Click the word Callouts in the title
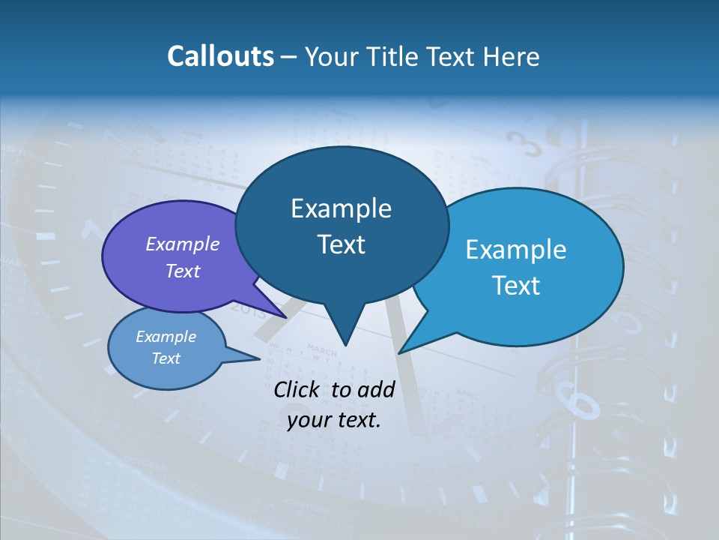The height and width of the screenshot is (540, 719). (x=220, y=56)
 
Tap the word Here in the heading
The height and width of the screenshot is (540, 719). (x=512, y=56)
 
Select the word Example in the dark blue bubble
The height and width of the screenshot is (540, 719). (x=341, y=208)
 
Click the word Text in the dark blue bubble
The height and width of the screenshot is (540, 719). (x=341, y=244)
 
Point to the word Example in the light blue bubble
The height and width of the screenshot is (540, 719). (x=516, y=250)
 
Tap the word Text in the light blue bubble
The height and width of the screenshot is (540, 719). (x=516, y=286)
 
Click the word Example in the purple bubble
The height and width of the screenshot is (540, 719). (x=183, y=244)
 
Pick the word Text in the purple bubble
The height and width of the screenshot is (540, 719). (x=183, y=271)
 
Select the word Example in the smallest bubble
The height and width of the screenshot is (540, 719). (x=166, y=337)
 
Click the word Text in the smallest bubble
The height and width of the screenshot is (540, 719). (x=166, y=358)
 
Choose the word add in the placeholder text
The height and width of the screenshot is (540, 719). (x=376, y=389)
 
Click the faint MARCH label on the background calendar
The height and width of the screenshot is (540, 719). (x=322, y=350)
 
